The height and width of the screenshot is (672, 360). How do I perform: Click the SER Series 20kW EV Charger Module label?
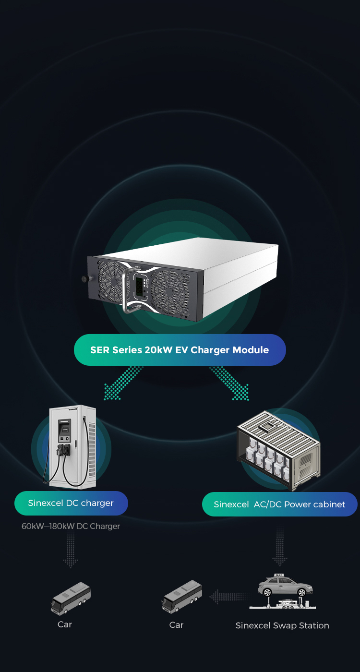coord(180,350)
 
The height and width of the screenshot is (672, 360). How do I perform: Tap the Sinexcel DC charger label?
coord(71,503)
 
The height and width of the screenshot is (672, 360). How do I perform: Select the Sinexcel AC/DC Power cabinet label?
coord(279,504)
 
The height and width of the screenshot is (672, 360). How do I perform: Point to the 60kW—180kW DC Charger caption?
coord(71,526)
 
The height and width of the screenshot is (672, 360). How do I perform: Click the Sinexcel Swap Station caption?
coord(282,625)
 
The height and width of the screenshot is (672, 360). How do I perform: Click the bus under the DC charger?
coord(71,598)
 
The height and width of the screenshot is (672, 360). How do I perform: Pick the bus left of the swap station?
coord(182,596)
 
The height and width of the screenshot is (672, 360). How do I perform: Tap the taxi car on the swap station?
coord(285,585)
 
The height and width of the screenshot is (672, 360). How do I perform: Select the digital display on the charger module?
coord(139,286)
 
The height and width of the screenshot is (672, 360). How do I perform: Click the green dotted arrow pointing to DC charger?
coord(122,383)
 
